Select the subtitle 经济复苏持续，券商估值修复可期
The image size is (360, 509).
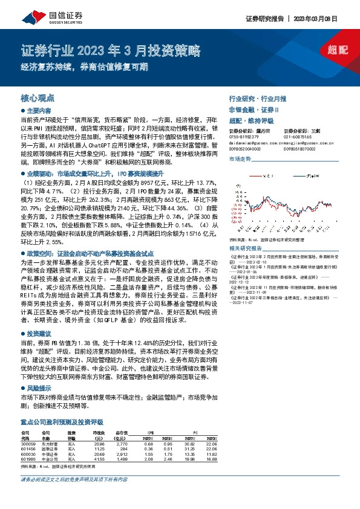pyautogui.click(x=85, y=68)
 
